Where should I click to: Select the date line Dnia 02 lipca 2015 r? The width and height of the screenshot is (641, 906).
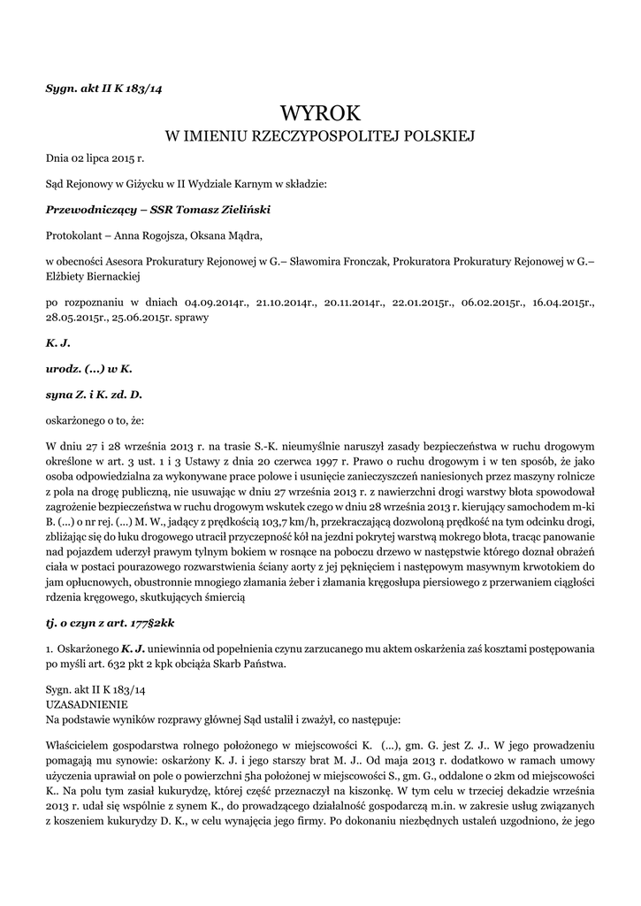95,159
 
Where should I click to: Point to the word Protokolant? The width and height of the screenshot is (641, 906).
76,235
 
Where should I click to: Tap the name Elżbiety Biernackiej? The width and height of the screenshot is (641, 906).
88,276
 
